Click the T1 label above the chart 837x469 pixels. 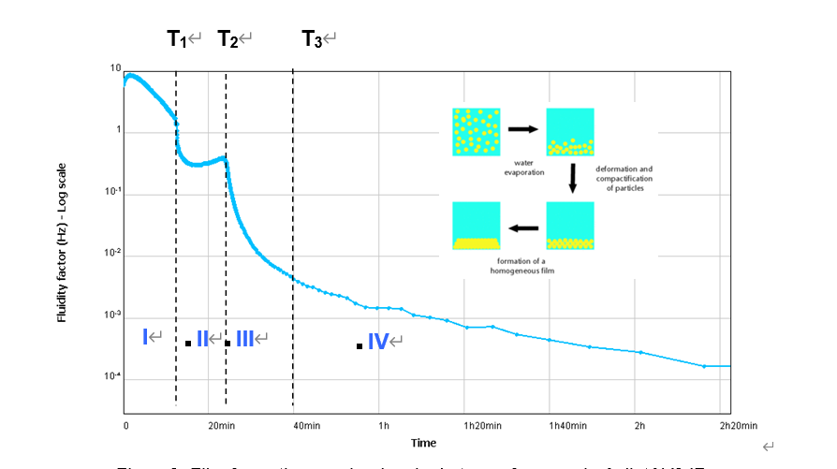[x=177, y=38]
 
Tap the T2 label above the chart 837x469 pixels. [x=228, y=38]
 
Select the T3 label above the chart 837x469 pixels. [x=312, y=38]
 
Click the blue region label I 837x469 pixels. [x=146, y=337]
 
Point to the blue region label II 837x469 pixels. [x=202, y=339]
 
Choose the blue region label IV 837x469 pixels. [x=377, y=342]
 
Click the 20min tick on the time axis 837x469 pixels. [x=221, y=426]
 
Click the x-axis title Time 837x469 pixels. [x=423, y=443]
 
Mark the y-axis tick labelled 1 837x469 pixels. [x=118, y=131]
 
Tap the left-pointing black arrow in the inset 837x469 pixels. [x=522, y=227]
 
